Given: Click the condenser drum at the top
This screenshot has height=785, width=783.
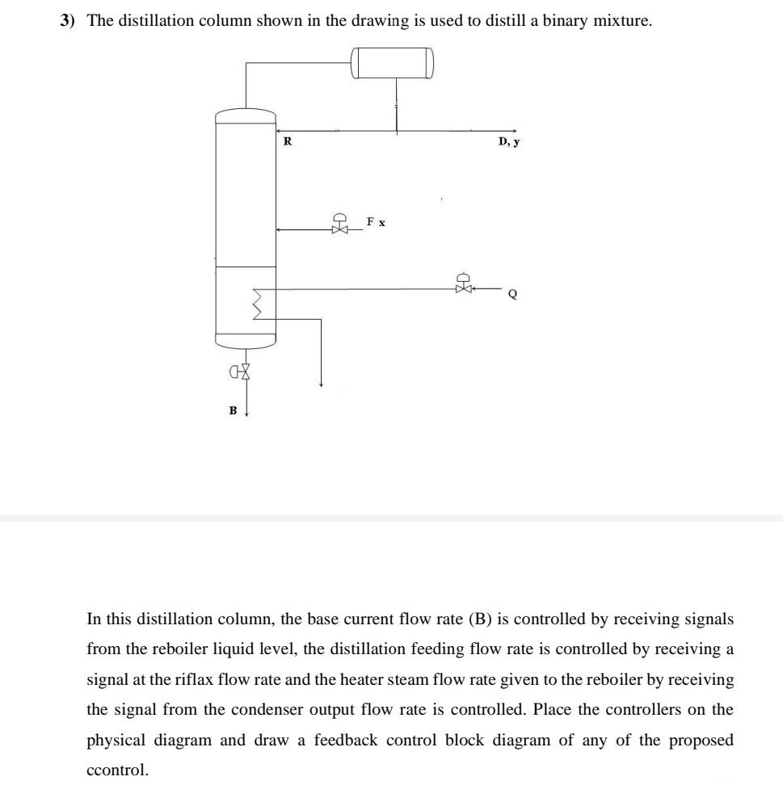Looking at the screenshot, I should (x=393, y=63).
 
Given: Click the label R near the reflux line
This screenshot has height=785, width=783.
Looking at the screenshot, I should (x=287, y=142).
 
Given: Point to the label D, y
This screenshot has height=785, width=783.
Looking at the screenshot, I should (x=509, y=142).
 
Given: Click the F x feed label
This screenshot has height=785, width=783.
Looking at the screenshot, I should (x=376, y=221).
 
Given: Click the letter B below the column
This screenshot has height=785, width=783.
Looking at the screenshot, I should (x=234, y=411).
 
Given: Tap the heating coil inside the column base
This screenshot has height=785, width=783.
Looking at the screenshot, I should (x=259, y=304).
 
